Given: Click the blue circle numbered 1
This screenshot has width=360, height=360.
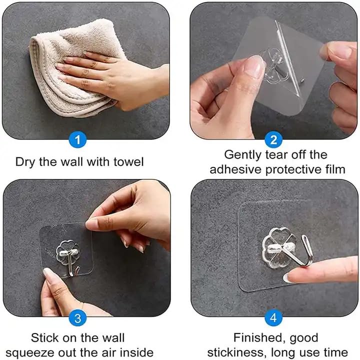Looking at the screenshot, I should pos(77,140).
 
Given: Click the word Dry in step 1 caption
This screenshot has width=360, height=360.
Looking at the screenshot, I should pos(25,162).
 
